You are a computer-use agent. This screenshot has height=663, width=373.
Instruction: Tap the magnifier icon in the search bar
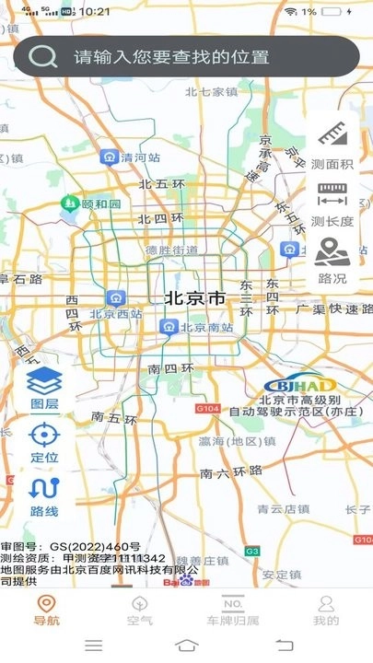click(x=43, y=56)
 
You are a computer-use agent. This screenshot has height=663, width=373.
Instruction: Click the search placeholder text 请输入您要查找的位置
click(x=171, y=57)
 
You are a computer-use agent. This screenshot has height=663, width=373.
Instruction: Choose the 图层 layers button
click(x=44, y=387)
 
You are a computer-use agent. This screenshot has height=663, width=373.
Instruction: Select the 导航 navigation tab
click(x=46, y=610)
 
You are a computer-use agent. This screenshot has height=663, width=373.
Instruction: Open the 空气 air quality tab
click(x=140, y=610)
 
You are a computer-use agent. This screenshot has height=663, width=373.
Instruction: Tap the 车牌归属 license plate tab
click(x=232, y=610)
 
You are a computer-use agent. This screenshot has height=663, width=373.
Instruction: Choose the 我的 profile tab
click(x=325, y=610)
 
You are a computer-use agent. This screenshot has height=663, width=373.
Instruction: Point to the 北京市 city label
click(x=194, y=298)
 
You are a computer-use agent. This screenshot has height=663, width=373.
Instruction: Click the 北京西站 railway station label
click(x=115, y=313)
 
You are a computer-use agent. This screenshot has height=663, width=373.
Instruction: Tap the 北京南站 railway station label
click(x=204, y=327)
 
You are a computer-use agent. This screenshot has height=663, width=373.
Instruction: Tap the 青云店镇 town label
click(x=282, y=507)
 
